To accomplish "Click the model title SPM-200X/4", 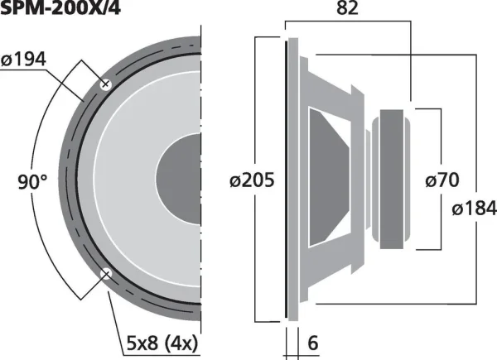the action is point(60,7).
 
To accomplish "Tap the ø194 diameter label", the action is point(23,60).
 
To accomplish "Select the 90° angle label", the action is point(32,182).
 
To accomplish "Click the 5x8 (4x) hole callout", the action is point(162,343).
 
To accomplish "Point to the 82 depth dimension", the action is point(347,8).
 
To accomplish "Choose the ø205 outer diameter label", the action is point(252,180).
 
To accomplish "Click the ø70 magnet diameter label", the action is point(442,180).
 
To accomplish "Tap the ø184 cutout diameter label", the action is point(474,209).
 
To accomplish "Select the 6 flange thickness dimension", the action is point(313,343).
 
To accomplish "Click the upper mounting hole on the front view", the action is point(106,84).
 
